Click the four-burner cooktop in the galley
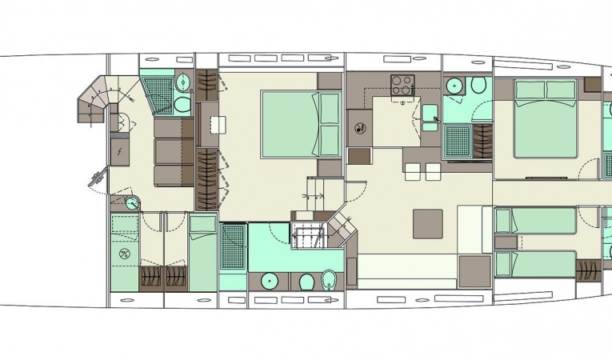401,84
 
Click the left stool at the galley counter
413,170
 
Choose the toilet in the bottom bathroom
306,282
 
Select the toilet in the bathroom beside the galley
478,86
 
